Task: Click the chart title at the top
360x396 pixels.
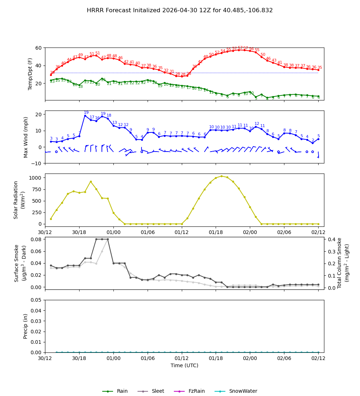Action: point(180,10)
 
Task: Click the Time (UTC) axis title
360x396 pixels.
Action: point(184,365)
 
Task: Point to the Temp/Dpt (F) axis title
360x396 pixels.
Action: point(30,74)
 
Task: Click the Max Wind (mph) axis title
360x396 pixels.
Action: point(26,137)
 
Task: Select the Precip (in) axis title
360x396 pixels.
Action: point(26,326)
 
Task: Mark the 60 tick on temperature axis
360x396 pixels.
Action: point(39,48)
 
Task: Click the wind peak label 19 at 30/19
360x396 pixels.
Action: point(86,113)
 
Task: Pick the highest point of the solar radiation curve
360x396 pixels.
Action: point(221,176)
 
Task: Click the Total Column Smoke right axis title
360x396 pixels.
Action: point(343,263)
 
